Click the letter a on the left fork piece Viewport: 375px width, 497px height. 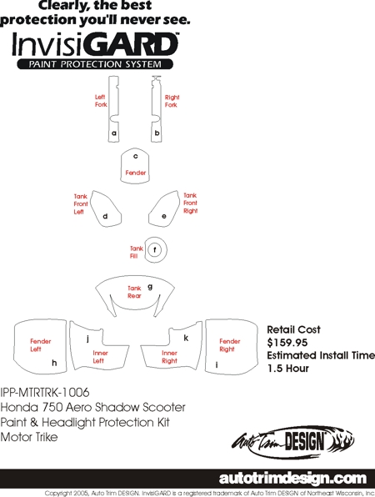[114, 133]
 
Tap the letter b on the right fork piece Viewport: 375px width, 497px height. [157, 133]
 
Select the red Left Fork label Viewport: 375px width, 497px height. [101, 101]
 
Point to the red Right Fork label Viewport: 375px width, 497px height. [172, 101]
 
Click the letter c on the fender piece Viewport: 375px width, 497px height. [136, 156]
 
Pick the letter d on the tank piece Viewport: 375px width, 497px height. [105, 216]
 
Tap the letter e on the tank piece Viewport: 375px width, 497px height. [163, 216]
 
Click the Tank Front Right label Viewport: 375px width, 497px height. [190, 203]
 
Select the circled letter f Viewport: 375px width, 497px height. [155, 250]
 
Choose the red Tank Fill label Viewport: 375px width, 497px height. [137, 253]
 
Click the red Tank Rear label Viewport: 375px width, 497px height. [134, 292]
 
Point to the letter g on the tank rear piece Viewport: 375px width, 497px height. [150, 287]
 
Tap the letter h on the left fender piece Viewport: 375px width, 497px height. [54, 363]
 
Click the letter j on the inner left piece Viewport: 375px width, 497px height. [87, 339]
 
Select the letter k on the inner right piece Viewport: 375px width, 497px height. [186, 338]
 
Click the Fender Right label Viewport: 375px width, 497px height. [230, 345]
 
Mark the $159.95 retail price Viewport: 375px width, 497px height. [287, 343]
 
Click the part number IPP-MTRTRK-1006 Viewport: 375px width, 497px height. [45, 393]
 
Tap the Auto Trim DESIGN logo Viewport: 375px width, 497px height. [293, 442]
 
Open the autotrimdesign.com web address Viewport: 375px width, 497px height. [292, 479]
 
